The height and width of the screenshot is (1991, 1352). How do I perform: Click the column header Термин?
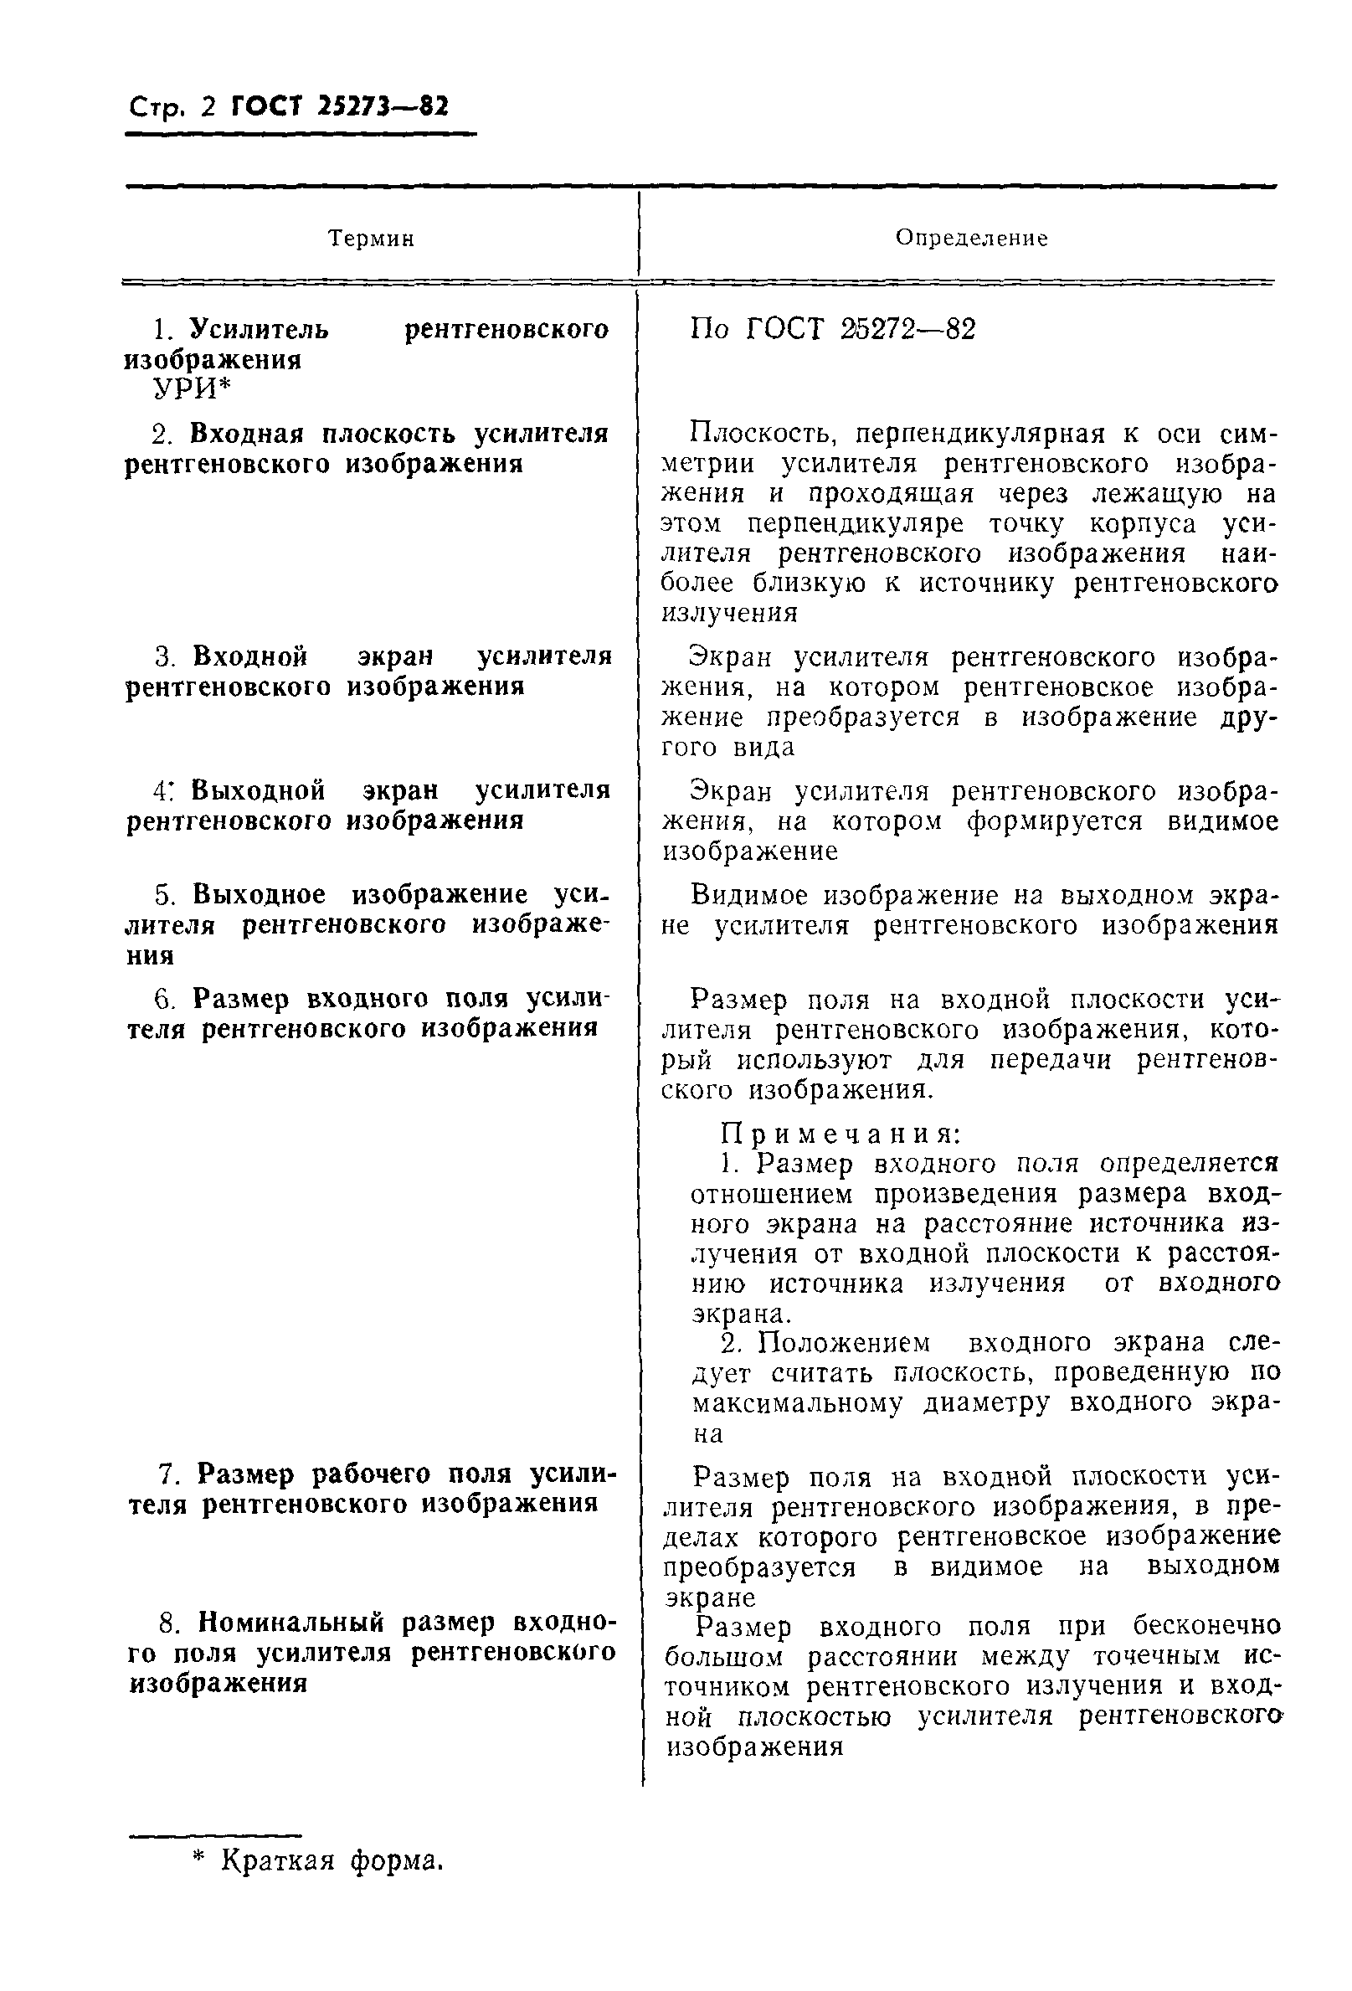click(371, 238)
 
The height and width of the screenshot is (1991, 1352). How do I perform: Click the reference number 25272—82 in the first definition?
click(907, 329)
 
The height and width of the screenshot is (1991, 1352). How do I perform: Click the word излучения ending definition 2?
click(730, 614)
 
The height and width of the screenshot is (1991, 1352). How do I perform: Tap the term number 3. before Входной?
click(167, 657)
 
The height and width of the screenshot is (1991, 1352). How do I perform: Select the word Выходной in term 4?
click(258, 789)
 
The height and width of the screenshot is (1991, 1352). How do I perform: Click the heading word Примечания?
click(841, 1134)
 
